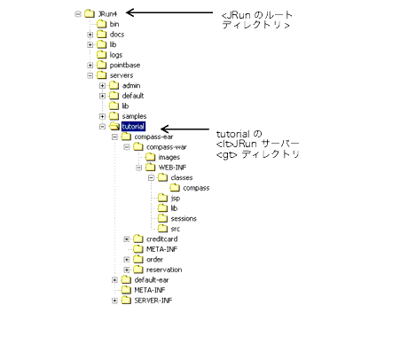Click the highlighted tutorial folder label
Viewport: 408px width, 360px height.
pyautogui.click(x=133, y=127)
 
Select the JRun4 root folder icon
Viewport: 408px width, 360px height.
pyautogui.click(x=90, y=13)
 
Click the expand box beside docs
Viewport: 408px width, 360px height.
pyautogui.click(x=90, y=35)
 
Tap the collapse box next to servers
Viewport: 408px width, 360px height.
pyautogui.click(x=90, y=75)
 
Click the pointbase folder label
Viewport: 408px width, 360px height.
pyautogui.click(x=125, y=66)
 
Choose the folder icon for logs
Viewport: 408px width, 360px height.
pyautogui.click(x=101, y=55)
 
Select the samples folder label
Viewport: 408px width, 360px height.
pyautogui.click(x=134, y=116)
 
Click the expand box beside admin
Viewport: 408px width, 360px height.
pyautogui.click(x=102, y=86)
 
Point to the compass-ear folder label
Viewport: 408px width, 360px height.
pyautogui.click(x=153, y=137)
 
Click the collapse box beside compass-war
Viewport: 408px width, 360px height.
pyautogui.click(x=127, y=147)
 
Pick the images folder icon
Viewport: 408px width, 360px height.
pyautogui.click(x=150, y=157)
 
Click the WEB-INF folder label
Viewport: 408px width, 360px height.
pyautogui.click(x=172, y=168)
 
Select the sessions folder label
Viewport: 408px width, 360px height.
pyautogui.click(x=184, y=219)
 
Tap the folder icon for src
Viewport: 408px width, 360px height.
pyautogui.click(x=162, y=229)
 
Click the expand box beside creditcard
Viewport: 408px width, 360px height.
pyautogui.click(x=127, y=239)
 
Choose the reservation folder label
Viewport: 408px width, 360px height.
pyautogui.click(x=164, y=270)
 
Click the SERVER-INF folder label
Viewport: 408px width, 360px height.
pyautogui.click(x=153, y=301)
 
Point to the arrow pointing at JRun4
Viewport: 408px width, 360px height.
pyautogui.click(x=169, y=12)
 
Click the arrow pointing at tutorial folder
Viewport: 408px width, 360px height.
pyautogui.click(x=185, y=129)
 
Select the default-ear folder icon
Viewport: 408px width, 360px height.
pyautogui.click(x=126, y=279)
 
